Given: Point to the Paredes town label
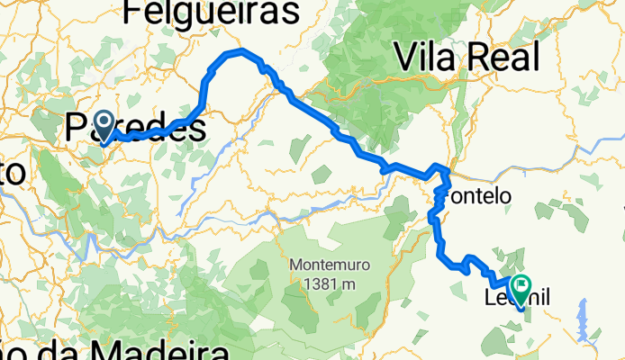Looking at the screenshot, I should (135, 130).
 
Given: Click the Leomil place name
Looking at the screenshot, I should (517, 298).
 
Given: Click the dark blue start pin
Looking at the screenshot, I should (104, 124).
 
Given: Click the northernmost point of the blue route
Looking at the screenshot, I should (239, 51).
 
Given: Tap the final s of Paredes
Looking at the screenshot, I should (196, 130).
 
